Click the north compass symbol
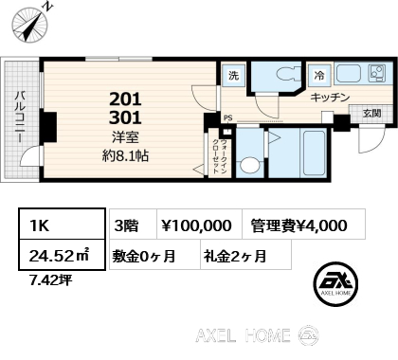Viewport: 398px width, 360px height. tap(30, 25)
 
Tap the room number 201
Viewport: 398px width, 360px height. tap(125, 99)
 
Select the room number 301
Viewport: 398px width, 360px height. tap(125, 117)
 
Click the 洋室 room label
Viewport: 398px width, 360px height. tap(125, 137)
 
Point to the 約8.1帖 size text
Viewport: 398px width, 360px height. tap(125, 155)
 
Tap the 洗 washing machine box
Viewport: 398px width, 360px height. tap(233, 76)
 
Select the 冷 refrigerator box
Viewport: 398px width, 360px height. tap(319, 76)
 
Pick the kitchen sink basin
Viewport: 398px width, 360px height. tap(349, 74)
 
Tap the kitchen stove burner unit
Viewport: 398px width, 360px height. tap(376, 74)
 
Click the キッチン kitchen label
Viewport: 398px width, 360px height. tap(330, 98)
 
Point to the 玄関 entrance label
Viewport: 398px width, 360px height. tap(371, 113)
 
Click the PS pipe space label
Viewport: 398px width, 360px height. tap(228, 118)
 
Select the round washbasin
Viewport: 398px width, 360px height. tap(250, 165)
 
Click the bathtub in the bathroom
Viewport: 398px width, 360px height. tap(314, 153)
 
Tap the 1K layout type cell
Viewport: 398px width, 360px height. tap(62, 224)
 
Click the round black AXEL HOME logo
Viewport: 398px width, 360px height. tap(335, 285)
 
